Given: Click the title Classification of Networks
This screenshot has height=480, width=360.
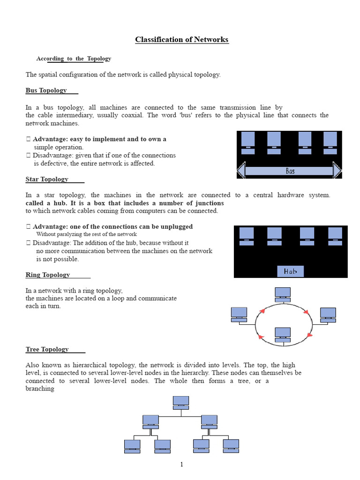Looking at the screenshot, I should tap(182, 40).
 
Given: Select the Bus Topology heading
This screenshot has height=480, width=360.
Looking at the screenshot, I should tap(46, 90).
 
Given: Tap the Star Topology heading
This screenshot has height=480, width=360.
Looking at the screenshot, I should tap(47, 179).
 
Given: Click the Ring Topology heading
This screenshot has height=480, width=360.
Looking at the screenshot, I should tap(48, 275).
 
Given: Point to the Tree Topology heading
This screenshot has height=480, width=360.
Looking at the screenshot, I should tap(47, 349).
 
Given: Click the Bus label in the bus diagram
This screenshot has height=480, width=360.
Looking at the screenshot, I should tap(290, 171).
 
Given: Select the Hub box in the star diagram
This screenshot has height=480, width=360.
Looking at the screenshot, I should tap(290, 271).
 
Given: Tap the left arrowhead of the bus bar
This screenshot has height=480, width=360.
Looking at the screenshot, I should tap(241, 170).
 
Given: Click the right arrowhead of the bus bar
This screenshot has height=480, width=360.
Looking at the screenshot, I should tap(337, 170).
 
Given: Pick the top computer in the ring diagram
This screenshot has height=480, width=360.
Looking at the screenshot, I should tap(283, 294).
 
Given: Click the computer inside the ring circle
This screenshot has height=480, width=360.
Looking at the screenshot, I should tap(283, 335).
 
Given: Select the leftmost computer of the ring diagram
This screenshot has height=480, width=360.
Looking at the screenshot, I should tap(239, 314).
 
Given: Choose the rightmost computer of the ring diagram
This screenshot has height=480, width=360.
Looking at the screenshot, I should tap(328, 315).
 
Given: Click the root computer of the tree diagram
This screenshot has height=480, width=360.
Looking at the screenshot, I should tap(180, 403).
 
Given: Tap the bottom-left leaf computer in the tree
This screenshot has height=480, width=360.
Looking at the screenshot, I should tap(132, 446).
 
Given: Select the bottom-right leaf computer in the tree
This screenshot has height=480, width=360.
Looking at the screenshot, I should tap(231, 446).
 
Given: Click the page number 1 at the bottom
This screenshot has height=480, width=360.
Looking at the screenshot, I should tap(181, 465).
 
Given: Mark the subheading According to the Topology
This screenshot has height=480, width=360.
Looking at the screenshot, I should tap(74, 59).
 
